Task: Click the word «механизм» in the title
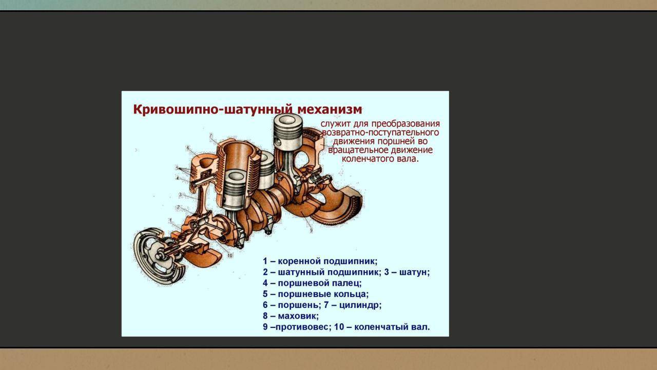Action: click(x=330, y=109)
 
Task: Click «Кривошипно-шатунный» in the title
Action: click(x=213, y=110)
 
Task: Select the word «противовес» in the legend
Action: click(x=301, y=327)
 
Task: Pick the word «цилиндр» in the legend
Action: click(x=359, y=305)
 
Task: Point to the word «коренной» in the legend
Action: click(x=298, y=262)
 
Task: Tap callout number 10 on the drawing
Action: click(x=229, y=255)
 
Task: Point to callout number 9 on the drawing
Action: click(x=311, y=231)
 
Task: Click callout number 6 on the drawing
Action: click(x=188, y=147)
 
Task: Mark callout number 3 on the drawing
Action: click(x=180, y=195)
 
